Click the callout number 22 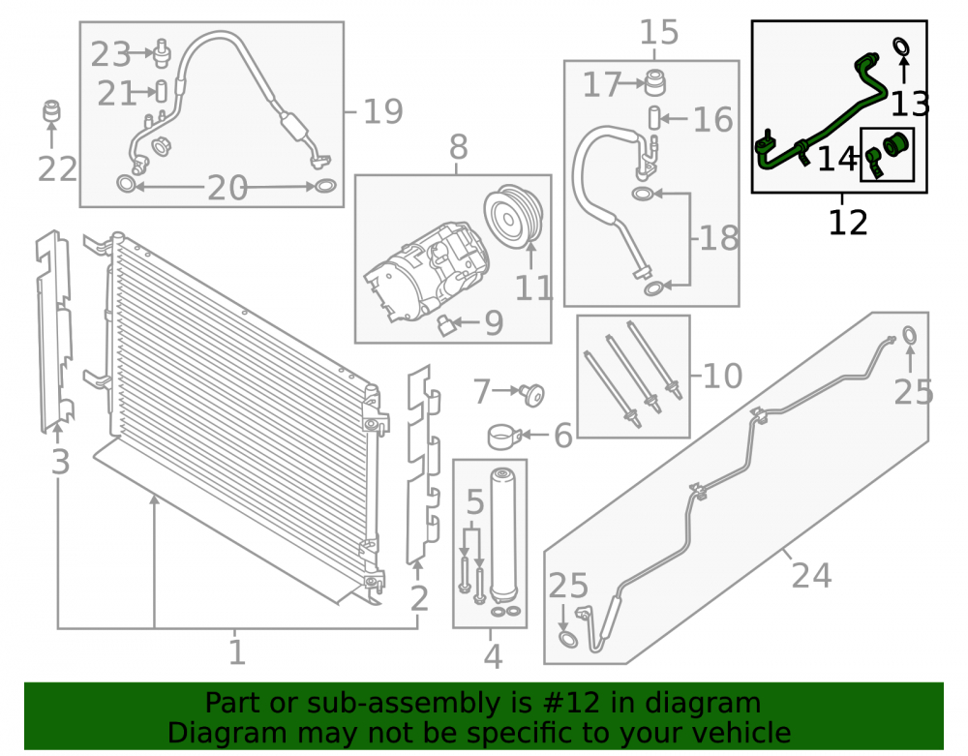(x=57, y=168)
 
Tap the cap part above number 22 (x=52, y=110)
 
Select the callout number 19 (x=382, y=111)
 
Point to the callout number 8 (x=458, y=147)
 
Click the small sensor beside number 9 (x=445, y=324)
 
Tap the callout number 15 (x=658, y=32)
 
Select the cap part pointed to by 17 (x=655, y=82)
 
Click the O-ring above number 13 (x=902, y=45)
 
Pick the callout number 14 (x=837, y=159)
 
